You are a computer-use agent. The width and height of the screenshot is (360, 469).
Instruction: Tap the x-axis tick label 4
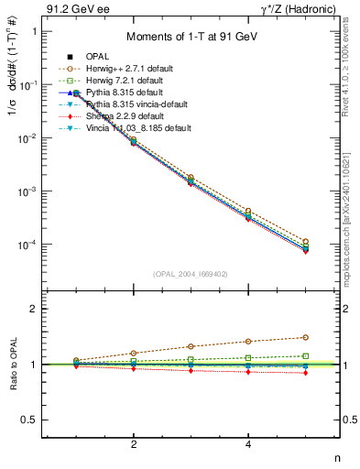coord(248,445)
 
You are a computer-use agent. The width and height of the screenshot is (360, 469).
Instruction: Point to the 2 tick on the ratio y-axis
coord(31,310)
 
